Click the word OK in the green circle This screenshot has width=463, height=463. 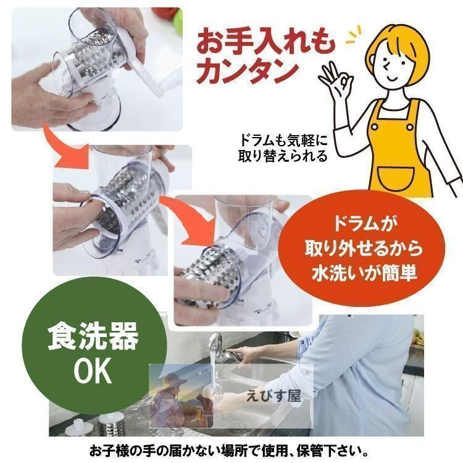coord(93,370)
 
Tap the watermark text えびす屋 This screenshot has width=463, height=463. coord(273,396)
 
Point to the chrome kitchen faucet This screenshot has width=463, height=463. coord(225,345)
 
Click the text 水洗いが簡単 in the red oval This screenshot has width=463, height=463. coord(364,273)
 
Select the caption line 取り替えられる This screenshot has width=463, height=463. coord(283,156)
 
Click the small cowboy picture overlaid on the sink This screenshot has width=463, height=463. coord(181,396)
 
